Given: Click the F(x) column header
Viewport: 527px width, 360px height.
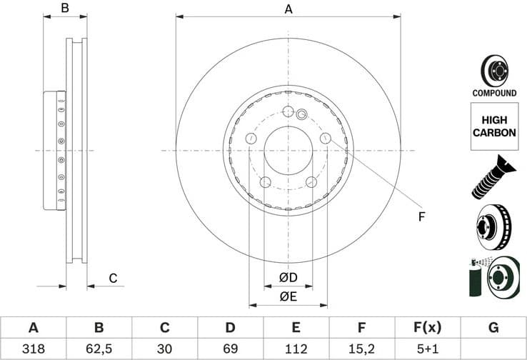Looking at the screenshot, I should [428, 328].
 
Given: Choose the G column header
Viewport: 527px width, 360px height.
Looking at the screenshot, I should [493, 328].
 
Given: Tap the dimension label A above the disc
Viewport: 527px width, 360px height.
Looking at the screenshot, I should [288, 9].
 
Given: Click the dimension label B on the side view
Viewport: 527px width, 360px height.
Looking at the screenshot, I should [64, 9].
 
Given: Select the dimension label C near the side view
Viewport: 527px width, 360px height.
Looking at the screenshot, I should [112, 278].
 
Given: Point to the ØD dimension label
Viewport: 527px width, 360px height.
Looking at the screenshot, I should [288, 277].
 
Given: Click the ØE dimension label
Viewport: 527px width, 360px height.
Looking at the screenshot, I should [288, 296].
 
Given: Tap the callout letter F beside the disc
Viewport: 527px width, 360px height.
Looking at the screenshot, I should [421, 216].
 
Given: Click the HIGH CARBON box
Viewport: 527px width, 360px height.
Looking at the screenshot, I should [494, 126].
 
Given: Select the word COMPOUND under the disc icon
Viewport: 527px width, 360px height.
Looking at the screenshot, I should [494, 93].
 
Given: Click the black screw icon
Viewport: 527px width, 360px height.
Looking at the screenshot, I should [493, 176].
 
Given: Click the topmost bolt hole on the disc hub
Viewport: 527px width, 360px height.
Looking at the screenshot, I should [288, 111].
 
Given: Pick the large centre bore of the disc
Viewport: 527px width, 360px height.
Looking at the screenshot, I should [288, 151].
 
